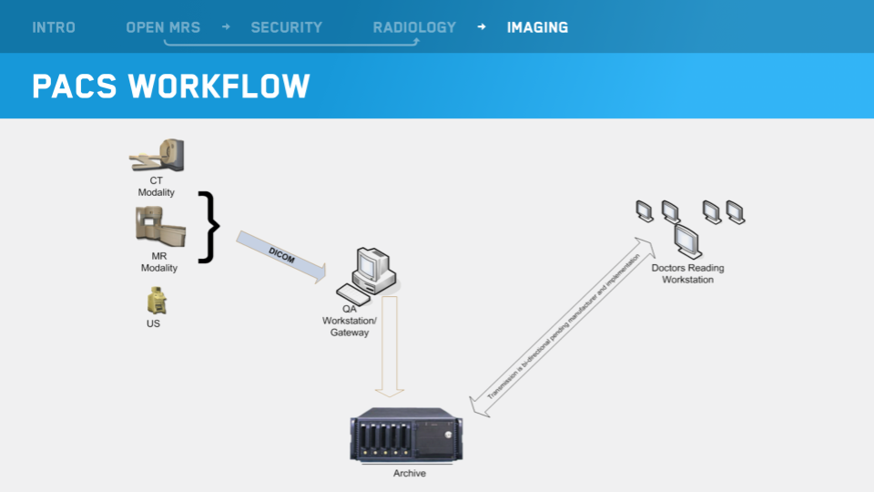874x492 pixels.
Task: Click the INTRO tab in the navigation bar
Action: tap(54, 27)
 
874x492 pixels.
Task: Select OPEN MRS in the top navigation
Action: tap(163, 27)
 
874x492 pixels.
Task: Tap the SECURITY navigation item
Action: tap(286, 27)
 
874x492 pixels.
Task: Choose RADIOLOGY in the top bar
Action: tap(414, 27)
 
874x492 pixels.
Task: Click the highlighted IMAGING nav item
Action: tap(537, 27)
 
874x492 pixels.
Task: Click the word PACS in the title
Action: tap(75, 86)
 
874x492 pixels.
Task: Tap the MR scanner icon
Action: tap(159, 229)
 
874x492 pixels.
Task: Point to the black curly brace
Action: tap(210, 227)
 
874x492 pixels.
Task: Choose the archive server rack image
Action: tap(407, 436)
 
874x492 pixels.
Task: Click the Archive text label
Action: tap(410, 474)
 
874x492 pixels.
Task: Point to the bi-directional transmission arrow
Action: tap(562, 328)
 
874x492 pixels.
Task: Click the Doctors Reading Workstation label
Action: tap(688, 273)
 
